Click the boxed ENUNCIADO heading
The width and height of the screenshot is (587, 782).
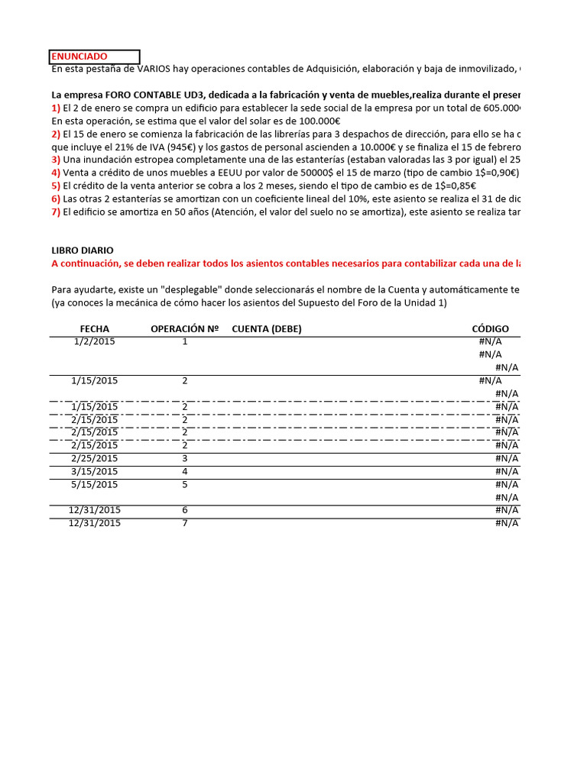pyautogui.click(x=79, y=57)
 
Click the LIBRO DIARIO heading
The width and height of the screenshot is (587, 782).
pyautogui.click(x=83, y=250)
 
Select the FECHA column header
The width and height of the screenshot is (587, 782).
pyautogui.click(x=95, y=329)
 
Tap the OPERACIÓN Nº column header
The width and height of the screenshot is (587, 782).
pyautogui.click(x=185, y=329)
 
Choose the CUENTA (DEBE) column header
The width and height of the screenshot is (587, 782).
pyautogui.click(x=267, y=329)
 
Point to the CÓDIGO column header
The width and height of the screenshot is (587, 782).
pyautogui.click(x=490, y=329)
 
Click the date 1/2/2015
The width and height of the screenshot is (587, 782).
pyautogui.click(x=95, y=341)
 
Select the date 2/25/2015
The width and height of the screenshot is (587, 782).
pyautogui.click(x=95, y=458)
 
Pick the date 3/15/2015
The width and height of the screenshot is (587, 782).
pyautogui.click(x=95, y=471)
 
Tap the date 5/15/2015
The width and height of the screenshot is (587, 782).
pyautogui.click(x=95, y=484)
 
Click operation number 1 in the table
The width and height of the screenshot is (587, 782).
pyautogui.click(x=185, y=341)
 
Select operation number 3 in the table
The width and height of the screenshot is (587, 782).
pyautogui.click(x=185, y=458)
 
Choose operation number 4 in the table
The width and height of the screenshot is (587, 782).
pyautogui.click(x=185, y=471)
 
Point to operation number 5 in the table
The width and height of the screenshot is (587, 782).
pyautogui.click(x=185, y=484)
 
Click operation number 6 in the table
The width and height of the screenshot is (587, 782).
pyautogui.click(x=185, y=510)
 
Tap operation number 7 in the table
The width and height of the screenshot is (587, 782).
pyautogui.click(x=185, y=523)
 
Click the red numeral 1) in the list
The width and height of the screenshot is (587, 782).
pyautogui.click(x=56, y=108)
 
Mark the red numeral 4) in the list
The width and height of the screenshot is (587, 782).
pyautogui.click(x=56, y=173)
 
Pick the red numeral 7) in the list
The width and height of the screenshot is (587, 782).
pyautogui.click(x=56, y=212)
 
